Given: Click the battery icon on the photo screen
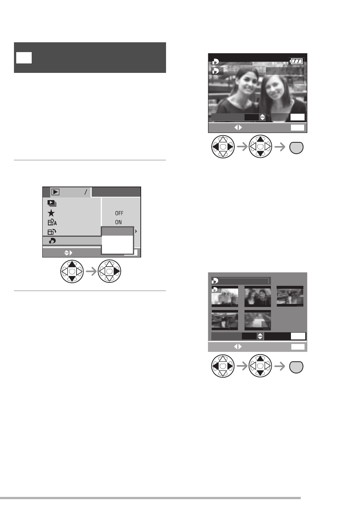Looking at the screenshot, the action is coord(297,61).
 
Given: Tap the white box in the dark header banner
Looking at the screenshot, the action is coord(24,58).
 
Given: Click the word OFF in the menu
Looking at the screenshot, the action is coord(119,213).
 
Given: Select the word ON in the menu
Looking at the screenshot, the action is coord(118,222).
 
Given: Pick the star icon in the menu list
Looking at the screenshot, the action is coord(51,213).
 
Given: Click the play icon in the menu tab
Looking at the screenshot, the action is coord(55,192).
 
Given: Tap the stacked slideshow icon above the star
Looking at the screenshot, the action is coord(52,203).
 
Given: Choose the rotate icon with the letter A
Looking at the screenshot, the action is coord(52,222).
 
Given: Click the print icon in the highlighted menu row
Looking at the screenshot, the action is coord(52,241).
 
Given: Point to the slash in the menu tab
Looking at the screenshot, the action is coord(86,192).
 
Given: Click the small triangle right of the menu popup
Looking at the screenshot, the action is coord(136,231).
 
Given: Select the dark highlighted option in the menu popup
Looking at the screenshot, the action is coord(117,231).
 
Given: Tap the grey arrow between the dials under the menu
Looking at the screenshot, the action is coord(91,271).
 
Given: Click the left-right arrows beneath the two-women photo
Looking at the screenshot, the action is coord(238,128).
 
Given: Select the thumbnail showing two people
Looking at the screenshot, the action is coord(258,296).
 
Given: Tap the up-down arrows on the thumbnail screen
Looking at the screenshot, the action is coord(260,336).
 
